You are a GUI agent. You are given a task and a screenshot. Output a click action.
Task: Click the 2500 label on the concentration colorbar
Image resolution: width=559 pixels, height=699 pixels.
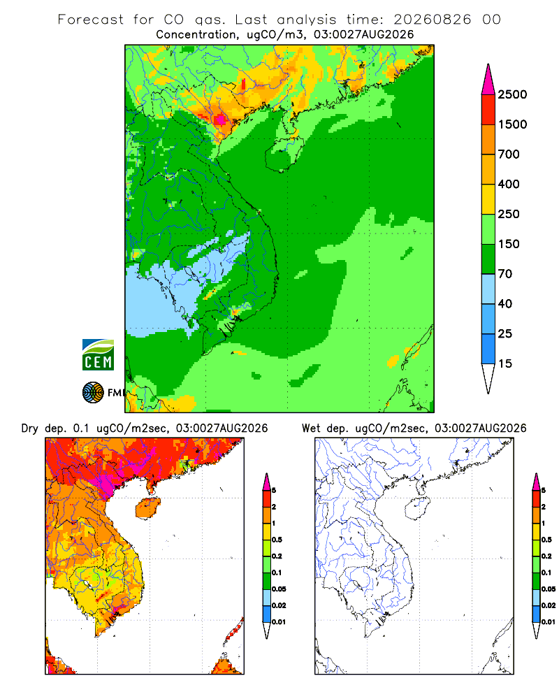pyautogui.click(x=512, y=94)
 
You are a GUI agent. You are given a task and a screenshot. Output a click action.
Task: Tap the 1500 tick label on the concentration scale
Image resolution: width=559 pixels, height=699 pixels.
pyautogui.click(x=512, y=124)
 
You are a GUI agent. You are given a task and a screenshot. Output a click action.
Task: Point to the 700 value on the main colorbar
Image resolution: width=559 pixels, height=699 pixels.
pyautogui.click(x=509, y=154)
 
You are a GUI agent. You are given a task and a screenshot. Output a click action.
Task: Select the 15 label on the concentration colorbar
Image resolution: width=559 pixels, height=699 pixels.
pyautogui.click(x=505, y=363)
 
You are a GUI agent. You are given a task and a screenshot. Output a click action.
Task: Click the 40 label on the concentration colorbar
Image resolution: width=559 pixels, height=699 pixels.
pyautogui.click(x=505, y=303)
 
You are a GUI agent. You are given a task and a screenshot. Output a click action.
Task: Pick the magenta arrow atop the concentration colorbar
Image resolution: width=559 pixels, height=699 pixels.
pyautogui.click(x=488, y=80)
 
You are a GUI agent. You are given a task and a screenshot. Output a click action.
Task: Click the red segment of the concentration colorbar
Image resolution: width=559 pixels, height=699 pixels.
pyautogui.click(x=488, y=110)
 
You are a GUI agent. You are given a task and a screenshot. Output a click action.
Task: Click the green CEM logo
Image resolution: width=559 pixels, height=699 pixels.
pyautogui.click(x=98, y=355)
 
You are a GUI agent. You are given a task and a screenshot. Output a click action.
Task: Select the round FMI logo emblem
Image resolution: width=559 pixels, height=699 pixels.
pyautogui.click(x=93, y=393)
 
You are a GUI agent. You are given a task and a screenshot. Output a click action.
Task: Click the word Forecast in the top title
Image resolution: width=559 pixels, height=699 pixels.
pyautogui.click(x=91, y=20)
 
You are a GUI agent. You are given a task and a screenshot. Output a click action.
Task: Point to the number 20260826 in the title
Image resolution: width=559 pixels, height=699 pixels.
pyautogui.click(x=432, y=20)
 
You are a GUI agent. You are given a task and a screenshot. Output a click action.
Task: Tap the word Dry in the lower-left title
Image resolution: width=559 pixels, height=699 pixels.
pyautogui.click(x=30, y=428)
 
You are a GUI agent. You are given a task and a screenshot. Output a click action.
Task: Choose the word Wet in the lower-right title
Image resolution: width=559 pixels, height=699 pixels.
pyautogui.click(x=311, y=428)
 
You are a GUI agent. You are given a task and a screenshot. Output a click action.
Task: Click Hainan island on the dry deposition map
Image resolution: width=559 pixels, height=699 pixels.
pyautogui.click(x=148, y=508)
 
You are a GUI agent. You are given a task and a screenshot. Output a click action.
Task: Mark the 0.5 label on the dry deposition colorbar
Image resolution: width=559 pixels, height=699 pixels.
pyautogui.click(x=277, y=540)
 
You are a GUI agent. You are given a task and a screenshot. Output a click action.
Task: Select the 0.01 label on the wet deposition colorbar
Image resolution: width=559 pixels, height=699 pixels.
pyautogui.click(x=549, y=621)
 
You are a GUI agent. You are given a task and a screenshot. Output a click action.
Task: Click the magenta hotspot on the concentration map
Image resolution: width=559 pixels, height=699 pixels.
pyautogui.click(x=220, y=120)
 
